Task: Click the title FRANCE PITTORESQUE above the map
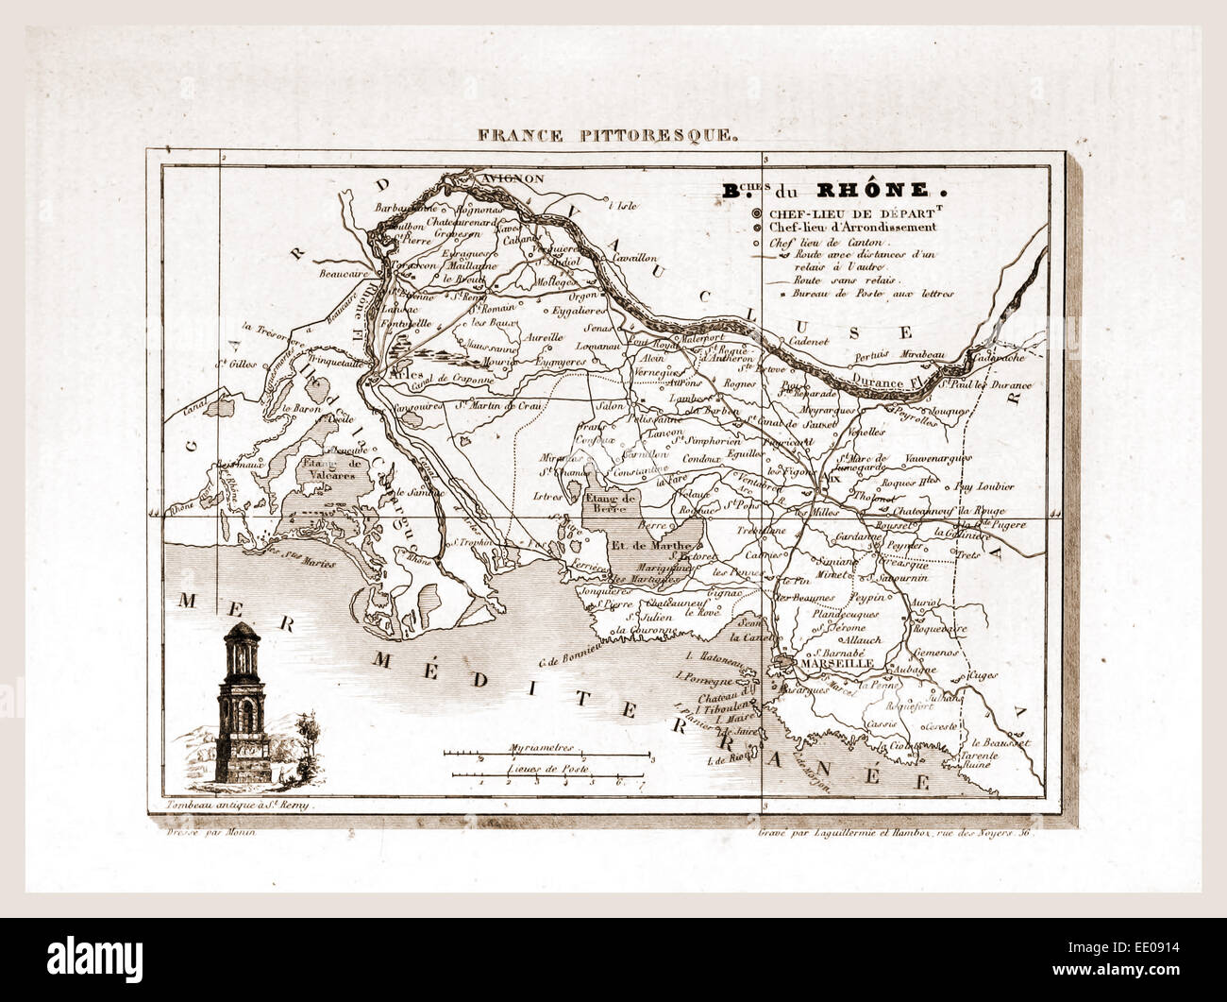point(608,134)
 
